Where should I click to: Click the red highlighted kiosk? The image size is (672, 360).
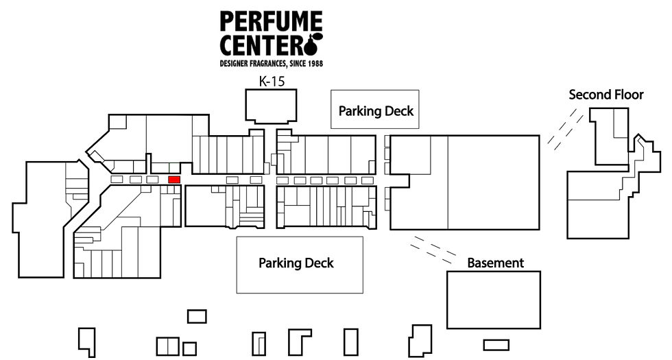pos(174,180)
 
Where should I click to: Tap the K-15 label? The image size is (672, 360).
pos(272,82)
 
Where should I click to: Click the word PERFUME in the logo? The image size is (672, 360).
pos(272,21)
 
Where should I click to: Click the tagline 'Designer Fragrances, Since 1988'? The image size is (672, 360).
pos(272,63)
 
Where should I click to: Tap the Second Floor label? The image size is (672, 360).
pos(606,95)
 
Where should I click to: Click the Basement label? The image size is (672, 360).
pos(495,263)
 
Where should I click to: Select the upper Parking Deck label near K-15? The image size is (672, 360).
pos(376,111)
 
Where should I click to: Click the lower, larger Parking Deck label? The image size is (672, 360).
pos(296,263)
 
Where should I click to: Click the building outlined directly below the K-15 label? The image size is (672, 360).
pos(271,106)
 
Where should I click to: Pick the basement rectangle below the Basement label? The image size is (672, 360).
pos(494,300)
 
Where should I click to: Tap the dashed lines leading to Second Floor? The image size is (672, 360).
pos(565,129)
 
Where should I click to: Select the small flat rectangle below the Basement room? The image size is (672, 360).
pos(496,345)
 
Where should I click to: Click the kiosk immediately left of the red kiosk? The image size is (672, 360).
pos(152,180)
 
